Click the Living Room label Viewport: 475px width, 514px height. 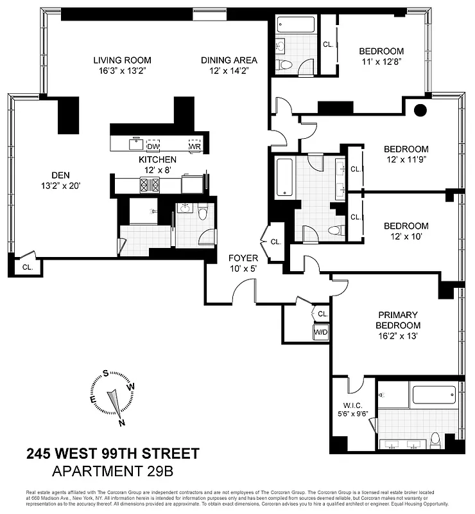tap(121, 60)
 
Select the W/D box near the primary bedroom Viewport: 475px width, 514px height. tap(320, 332)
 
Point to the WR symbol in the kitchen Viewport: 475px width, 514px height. tap(194, 145)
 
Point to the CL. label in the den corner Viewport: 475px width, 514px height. tap(28, 267)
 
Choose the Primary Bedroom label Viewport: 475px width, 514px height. tap(397, 319)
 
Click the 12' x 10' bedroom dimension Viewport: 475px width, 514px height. tap(406, 237)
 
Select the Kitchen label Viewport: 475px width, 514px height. tap(157, 159)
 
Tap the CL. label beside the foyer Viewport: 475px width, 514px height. tap(276, 242)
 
